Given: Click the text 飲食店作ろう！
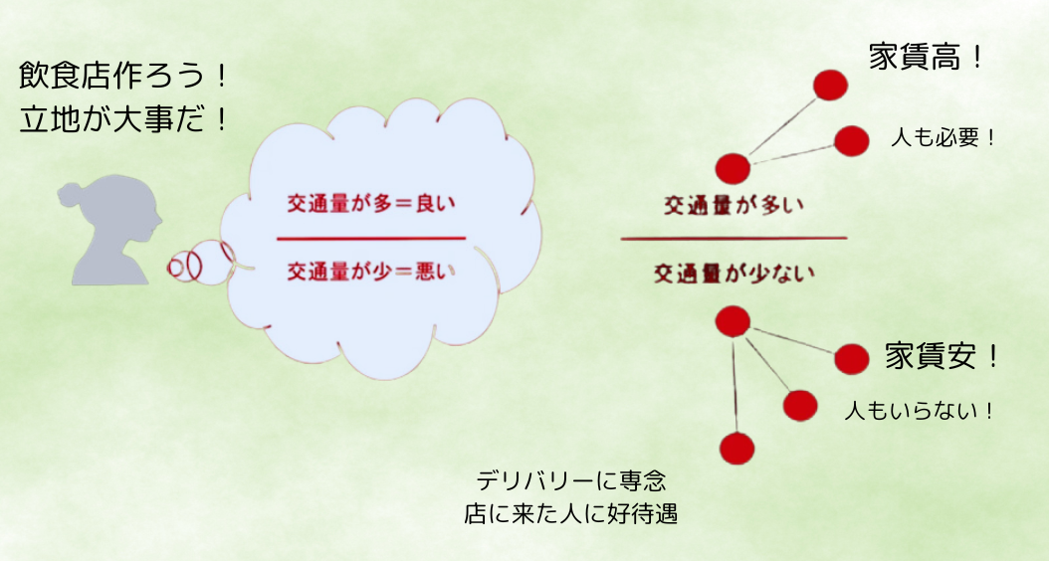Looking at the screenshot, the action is [x=123, y=76].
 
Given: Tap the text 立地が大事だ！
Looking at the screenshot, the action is [x=123, y=120].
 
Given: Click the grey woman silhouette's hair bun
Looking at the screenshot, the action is [x=69, y=195].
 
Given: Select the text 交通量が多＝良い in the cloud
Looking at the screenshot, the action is [x=370, y=203].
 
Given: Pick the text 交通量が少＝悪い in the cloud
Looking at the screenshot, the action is [x=370, y=271].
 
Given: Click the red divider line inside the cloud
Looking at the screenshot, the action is [x=370, y=238].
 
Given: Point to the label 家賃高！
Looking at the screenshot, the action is [x=927, y=58].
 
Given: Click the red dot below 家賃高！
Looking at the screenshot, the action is [x=830, y=85].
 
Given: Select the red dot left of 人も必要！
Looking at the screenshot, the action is [x=852, y=141].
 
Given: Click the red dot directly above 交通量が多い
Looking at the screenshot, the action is [x=733, y=168].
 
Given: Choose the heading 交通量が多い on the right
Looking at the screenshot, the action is [x=734, y=205].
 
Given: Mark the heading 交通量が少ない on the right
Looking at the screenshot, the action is [x=734, y=273].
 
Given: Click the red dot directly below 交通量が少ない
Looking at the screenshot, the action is [x=733, y=321].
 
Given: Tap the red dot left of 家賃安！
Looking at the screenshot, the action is [x=852, y=359].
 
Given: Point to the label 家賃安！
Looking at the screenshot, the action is [x=942, y=356].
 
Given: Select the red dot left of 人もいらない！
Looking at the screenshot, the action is [x=800, y=406].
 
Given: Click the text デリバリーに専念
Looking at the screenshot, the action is [x=570, y=480].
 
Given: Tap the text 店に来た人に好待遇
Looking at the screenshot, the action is [x=570, y=513].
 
